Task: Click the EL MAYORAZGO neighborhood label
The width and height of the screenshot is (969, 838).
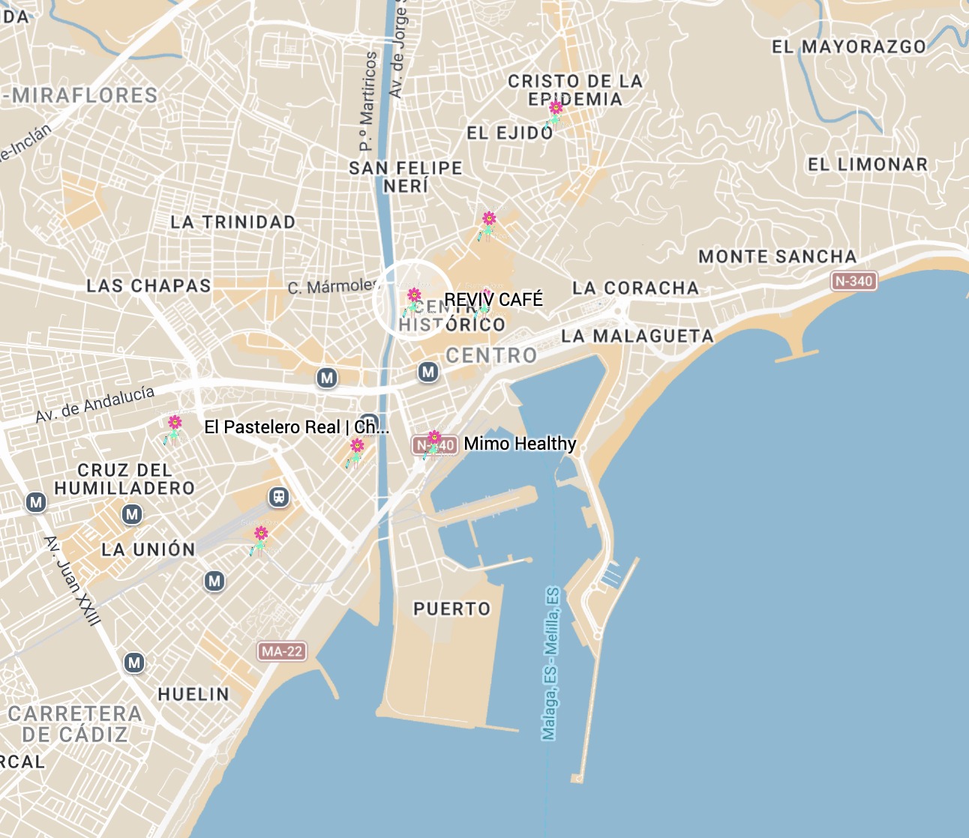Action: (x=849, y=47)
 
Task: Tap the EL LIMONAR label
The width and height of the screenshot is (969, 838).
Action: (x=868, y=165)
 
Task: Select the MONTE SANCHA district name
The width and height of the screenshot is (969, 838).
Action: (x=777, y=257)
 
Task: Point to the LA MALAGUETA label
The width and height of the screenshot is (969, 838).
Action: (x=637, y=337)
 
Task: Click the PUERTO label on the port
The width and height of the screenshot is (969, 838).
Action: (x=452, y=609)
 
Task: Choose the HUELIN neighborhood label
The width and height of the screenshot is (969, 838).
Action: (x=193, y=695)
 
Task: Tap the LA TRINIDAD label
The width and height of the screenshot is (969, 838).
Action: (x=232, y=223)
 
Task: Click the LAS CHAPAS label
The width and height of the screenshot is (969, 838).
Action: (x=148, y=286)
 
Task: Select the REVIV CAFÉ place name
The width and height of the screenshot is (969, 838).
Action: (x=493, y=300)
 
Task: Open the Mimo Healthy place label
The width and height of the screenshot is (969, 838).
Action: (x=520, y=444)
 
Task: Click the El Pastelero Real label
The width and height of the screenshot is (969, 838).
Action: (x=296, y=427)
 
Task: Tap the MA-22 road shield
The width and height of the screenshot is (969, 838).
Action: (x=282, y=651)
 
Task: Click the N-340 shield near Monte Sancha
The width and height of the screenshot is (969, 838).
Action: (x=853, y=281)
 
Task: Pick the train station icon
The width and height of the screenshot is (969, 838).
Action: (x=279, y=497)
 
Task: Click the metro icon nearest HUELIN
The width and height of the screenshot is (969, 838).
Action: (x=134, y=663)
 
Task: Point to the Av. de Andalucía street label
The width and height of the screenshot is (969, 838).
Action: (x=95, y=404)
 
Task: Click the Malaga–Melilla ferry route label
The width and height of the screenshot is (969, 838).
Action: (x=551, y=663)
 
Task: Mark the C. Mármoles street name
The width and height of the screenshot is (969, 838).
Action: (x=333, y=286)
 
